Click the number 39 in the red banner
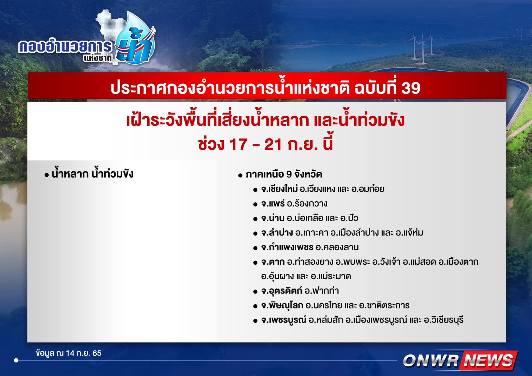click(411, 88)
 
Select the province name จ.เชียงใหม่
click(279, 189)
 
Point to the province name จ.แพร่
click(273, 204)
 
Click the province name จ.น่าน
click(273, 218)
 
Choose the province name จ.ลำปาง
click(277, 233)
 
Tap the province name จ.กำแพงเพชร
click(287, 247)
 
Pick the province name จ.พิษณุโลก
click(282, 305)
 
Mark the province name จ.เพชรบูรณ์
click(284, 320)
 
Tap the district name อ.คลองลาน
click(337, 247)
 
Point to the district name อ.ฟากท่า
click(322, 291)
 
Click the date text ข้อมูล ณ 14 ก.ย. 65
click(69, 353)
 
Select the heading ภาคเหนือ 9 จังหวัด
click(284, 174)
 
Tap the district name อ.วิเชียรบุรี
click(444, 320)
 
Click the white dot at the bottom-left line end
click(16, 360)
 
